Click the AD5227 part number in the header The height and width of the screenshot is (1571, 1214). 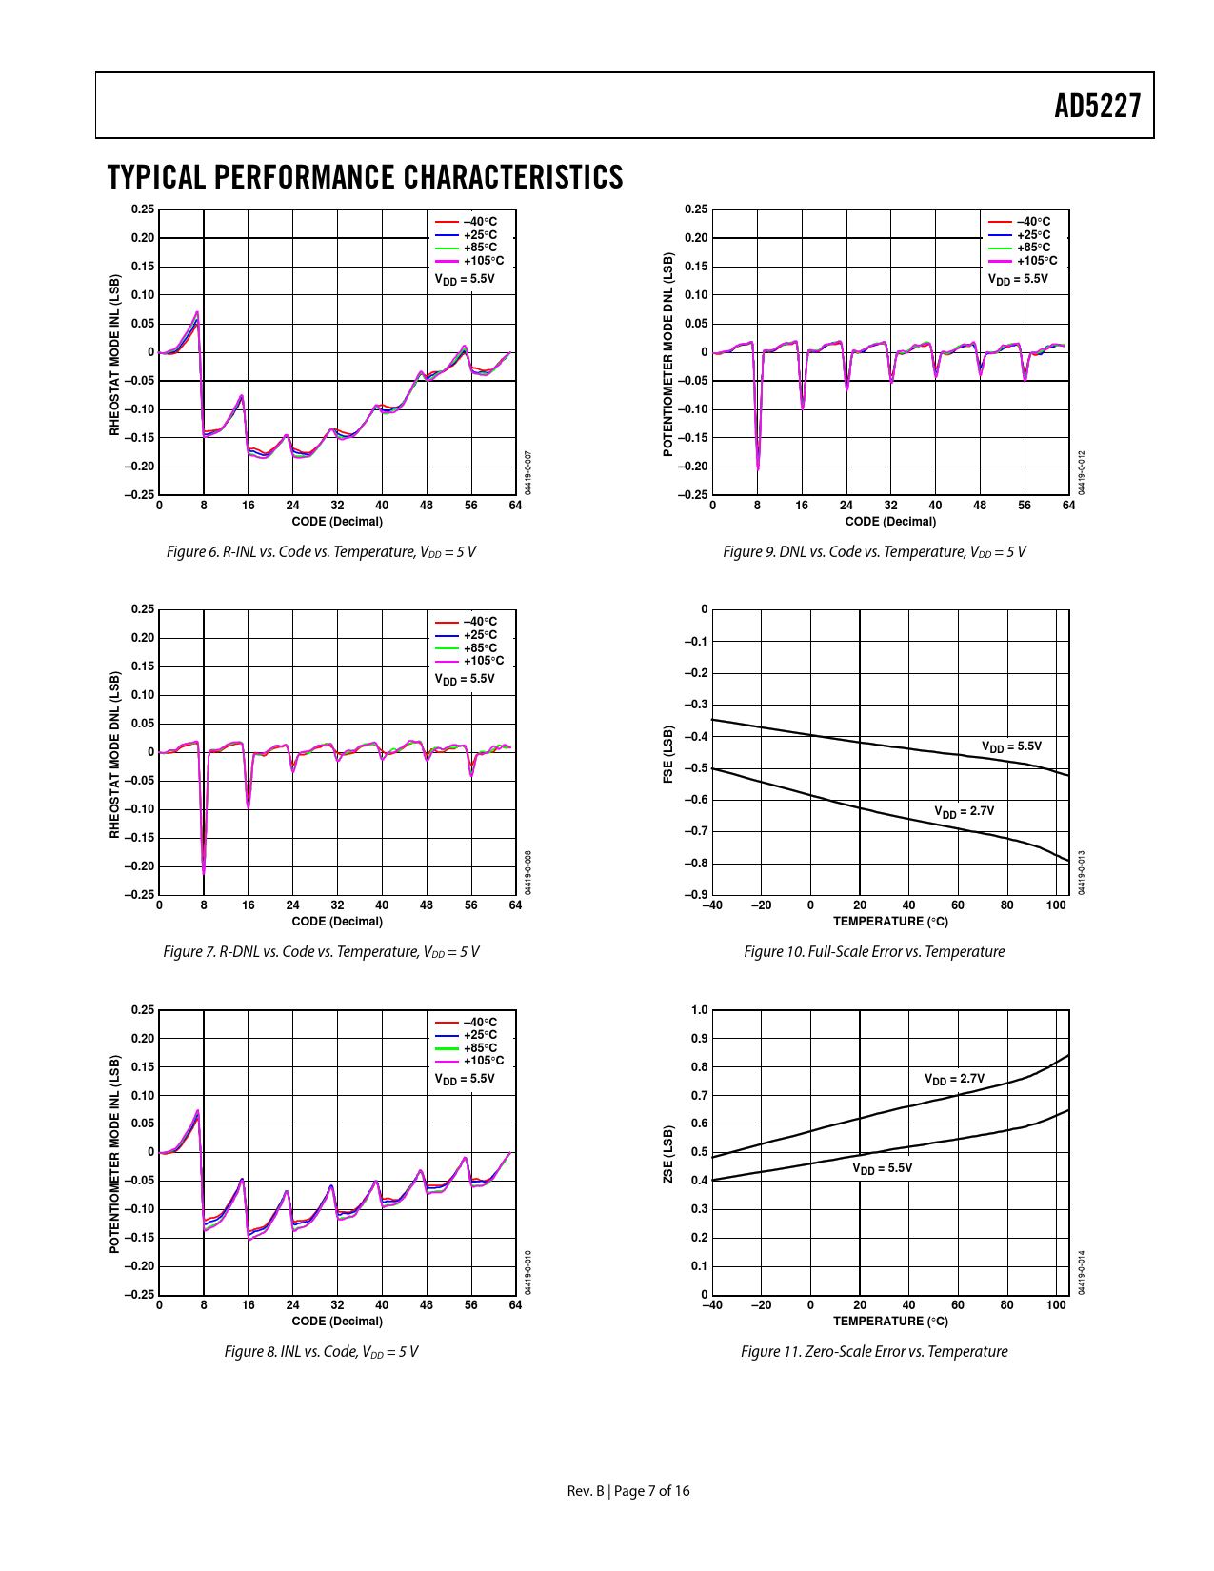tap(1097, 106)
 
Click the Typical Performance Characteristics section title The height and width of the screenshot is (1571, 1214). tap(365, 177)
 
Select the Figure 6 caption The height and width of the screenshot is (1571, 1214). tap(321, 552)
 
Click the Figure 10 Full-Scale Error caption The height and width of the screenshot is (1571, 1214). tap(873, 952)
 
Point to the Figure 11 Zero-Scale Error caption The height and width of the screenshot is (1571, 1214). tap(873, 1352)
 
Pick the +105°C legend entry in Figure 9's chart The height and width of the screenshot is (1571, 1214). tap(1036, 261)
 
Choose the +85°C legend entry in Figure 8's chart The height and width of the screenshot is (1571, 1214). tap(480, 1048)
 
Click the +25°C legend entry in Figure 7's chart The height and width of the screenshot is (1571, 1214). tap(480, 635)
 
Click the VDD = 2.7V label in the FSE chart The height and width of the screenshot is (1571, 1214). tap(964, 811)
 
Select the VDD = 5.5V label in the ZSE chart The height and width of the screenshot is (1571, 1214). tap(882, 1168)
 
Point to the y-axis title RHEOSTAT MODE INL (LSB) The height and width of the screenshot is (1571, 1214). tap(115, 355)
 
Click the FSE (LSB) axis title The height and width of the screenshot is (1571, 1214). tap(668, 754)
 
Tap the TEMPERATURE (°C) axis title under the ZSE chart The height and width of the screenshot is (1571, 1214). tap(890, 1321)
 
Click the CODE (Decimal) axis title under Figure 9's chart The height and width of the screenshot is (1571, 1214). tap(890, 521)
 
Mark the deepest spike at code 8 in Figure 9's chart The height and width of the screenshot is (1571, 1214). tap(758, 467)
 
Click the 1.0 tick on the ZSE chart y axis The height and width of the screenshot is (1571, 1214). tap(699, 1010)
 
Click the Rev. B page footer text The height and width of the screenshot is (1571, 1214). tap(628, 1491)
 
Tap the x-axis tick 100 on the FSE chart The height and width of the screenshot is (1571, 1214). tap(1056, 905)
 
